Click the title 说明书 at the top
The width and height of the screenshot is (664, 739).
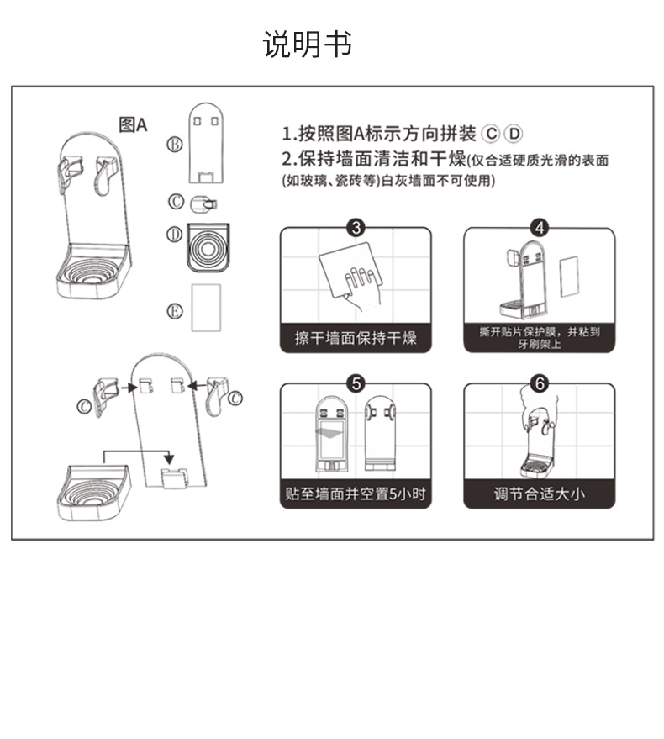308,44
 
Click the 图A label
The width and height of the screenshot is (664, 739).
133,125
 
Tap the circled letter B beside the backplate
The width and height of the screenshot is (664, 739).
175,144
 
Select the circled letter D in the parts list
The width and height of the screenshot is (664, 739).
174,235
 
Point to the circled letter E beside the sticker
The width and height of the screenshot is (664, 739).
175,310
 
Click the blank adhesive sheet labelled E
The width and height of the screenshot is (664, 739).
206,308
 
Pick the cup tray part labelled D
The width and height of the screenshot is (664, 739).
207,246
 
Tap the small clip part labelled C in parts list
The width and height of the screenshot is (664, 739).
203,203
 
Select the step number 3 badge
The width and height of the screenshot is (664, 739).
356,228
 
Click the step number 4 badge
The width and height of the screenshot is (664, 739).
540,228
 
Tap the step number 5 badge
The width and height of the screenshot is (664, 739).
356,383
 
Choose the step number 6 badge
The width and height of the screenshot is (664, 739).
540,383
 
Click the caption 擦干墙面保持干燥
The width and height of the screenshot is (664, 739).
356,339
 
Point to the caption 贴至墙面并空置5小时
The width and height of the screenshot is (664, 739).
356,494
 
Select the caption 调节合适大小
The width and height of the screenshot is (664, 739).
540,494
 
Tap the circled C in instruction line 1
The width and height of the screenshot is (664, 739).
492,133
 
